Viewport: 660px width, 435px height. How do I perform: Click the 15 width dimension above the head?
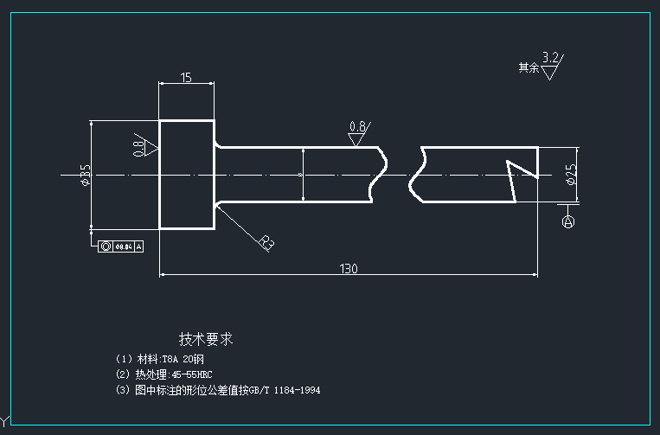tap(186, 78)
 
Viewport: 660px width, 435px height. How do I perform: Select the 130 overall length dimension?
tap(349, 269)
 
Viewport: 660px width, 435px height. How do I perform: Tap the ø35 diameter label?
tap(85, 176)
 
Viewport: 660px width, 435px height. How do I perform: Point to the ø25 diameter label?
tap(571, 175)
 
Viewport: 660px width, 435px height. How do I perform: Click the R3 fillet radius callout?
tap(266, 243)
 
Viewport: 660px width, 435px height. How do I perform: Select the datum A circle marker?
tap(568, 221)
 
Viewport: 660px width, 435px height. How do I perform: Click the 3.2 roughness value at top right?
tap(550, 57)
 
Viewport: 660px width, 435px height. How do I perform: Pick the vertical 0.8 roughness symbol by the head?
tap(142, 147)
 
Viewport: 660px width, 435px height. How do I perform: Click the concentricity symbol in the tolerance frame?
tap(106, 246)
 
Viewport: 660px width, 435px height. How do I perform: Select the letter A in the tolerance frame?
tap(138, 246)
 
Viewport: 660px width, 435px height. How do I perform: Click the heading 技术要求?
tap(206, 339)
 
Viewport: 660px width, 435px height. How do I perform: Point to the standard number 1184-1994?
tap(297, 391)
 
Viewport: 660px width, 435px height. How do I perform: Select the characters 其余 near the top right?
tap(528, 67)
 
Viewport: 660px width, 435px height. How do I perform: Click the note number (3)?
tap(122, 391)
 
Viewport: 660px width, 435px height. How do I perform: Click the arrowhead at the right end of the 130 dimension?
tap(534, 275)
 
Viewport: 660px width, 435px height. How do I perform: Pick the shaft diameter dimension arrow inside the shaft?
tap(303, 175)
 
